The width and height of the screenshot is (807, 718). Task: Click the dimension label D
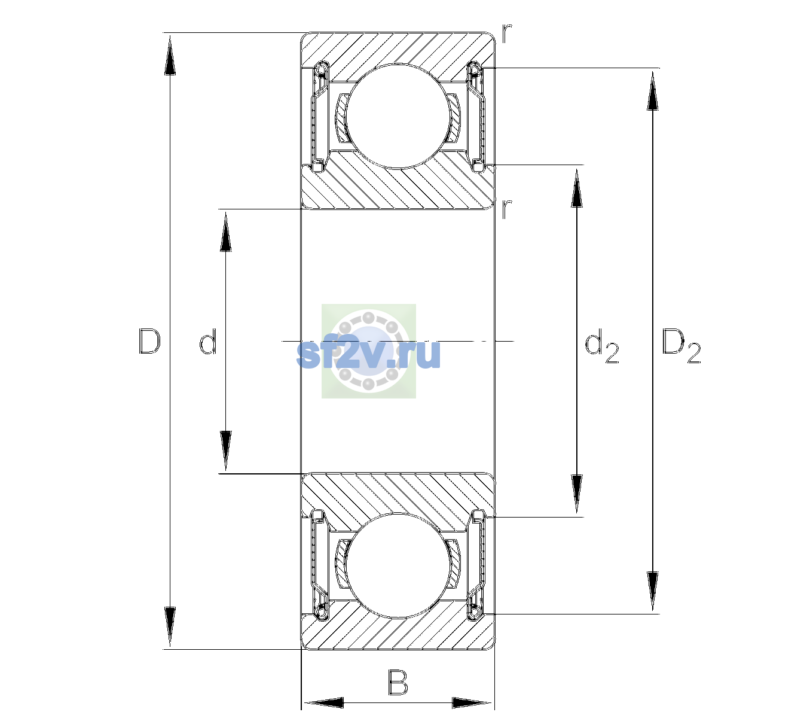pyautogui.click(x=149, y=341)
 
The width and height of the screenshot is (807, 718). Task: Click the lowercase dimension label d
pyautogui.click(x=208, y=341)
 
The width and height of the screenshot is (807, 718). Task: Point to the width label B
pyautogui.click(x=398, y=682)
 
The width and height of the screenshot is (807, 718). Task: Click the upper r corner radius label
pyautogui.click(x=506, y=34)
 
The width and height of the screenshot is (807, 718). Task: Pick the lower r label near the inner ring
pyautogui.click(x=506, y=209)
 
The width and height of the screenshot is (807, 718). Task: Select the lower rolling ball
pyautogui.click(x=397, y=565)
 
